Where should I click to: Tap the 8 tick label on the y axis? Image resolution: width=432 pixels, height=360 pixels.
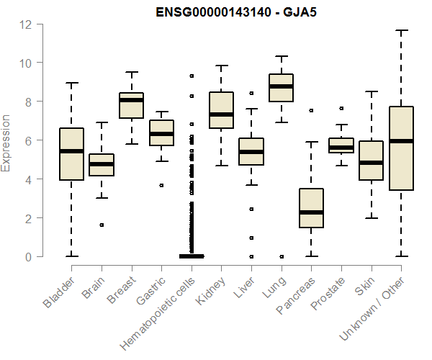tap(26, 102)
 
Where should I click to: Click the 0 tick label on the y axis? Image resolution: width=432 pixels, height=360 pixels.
tap(26, 256)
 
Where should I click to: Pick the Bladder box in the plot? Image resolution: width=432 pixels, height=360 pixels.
tap(71, 153)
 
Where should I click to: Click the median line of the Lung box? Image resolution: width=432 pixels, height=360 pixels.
tap(280, 86)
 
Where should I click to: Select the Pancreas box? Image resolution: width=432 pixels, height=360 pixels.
tap(310, 208)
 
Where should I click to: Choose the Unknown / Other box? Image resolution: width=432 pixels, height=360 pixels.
tap(400, 148)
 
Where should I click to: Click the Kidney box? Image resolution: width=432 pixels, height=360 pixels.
tap(221, 110)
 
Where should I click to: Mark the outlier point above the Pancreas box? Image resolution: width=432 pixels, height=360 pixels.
tap(310, 111)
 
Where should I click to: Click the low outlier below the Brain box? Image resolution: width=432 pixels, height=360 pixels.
tap(102, 225)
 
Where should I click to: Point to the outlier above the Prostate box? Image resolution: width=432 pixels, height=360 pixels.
tap(341, 109)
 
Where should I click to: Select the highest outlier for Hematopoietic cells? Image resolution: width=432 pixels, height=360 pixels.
tap(191, 76)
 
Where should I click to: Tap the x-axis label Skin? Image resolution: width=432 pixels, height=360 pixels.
tap(363, 289)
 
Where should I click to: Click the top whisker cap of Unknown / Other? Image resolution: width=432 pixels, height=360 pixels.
tap(400, 30)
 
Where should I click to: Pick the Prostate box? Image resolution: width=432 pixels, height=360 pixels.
tap(341, 145)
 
